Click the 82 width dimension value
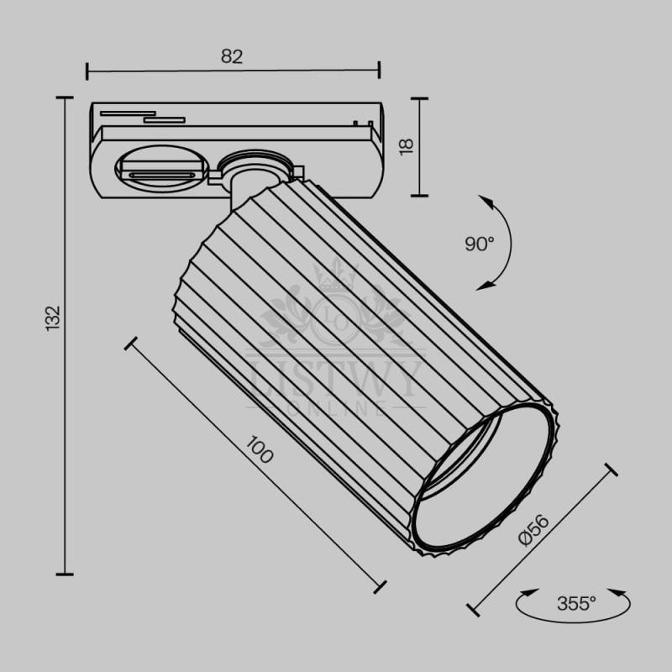point(232,56)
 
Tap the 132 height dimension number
point(53,318)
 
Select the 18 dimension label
point(407,146)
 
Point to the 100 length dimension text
point(260,449)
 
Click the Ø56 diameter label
point(533,530)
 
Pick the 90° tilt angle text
point(479,244)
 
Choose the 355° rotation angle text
point(576,603)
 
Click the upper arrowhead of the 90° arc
point(486,202)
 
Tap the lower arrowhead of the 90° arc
point(485,285)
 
